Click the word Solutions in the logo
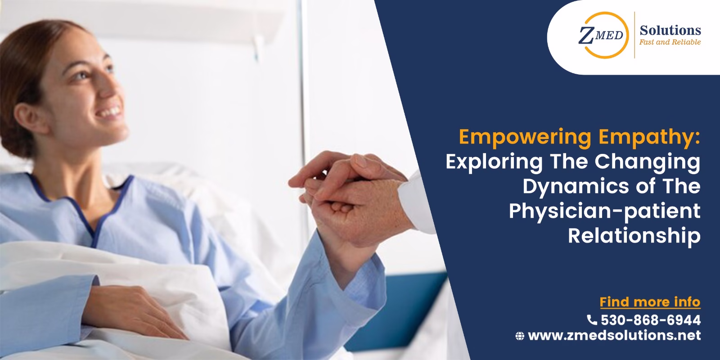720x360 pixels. (670, 30)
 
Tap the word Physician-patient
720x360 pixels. (605, 211)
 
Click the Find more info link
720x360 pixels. (650, 301)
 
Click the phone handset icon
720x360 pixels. (592, 320)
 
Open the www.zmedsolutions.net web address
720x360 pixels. (614, 335)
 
